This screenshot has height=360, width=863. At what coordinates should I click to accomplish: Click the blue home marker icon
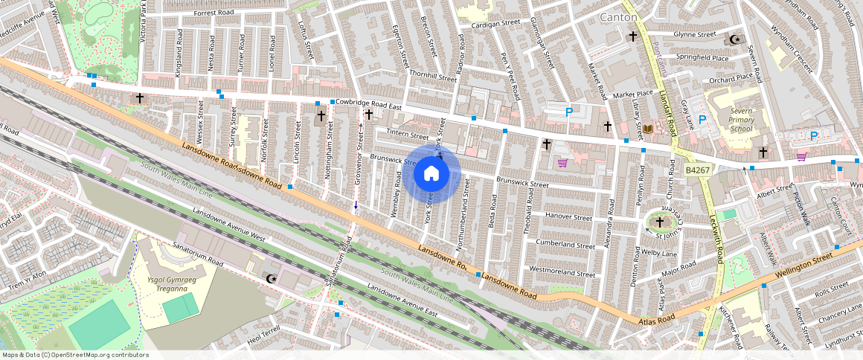point(431,174)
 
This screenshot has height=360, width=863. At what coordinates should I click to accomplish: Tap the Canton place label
point(618,16)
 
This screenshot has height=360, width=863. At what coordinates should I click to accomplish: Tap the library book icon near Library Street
point(647,129)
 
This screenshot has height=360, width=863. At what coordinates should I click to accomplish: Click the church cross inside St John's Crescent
point(659,222)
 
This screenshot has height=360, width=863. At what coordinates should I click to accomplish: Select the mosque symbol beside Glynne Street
point(736,39)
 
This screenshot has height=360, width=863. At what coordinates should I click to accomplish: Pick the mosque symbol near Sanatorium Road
point(270,279)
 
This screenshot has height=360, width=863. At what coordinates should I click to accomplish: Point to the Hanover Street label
point(568,218)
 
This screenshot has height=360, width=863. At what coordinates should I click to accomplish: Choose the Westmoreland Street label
point(562,274)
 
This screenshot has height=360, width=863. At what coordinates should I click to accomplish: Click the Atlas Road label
point(656,319)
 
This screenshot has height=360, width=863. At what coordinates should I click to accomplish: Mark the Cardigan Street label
point(495,23)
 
